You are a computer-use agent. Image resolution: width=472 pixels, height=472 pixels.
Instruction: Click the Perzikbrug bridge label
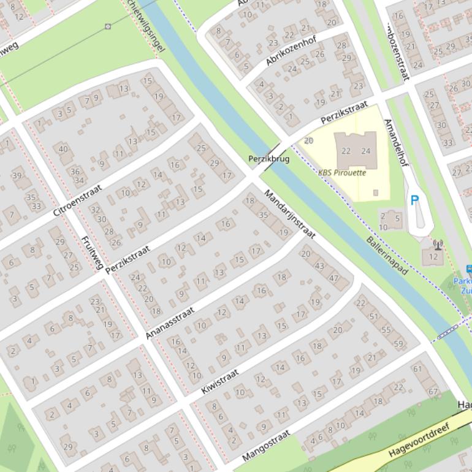pyautogui.click(x=268, y=159)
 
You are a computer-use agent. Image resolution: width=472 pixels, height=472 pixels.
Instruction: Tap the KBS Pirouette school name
pyautogui.click(x=342, y=173)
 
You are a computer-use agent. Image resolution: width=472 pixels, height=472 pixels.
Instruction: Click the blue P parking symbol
pyautogui.click(x=414, y=200)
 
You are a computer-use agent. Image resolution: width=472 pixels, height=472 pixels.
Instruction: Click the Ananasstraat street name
pyautogui.click(x=170, y=322)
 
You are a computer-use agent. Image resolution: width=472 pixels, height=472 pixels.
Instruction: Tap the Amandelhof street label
pyautogui.click(x=395, y=142)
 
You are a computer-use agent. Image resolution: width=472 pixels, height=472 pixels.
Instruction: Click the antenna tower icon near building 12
pyautogui.click(x=438, y=245)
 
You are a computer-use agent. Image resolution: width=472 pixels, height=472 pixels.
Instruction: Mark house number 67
pyautogui.click(x=433, y=391)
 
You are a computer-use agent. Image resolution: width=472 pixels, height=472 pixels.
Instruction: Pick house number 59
pyautogui.click(x=399, y=344)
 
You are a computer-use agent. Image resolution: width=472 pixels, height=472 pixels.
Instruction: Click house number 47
pyautogui.click(x=334, y=278)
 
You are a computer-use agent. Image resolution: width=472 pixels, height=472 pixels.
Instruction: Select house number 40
pyautogui.click(x=63, y=148)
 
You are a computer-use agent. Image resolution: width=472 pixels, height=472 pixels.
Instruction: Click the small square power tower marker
pyautogui.click(x=108, y=26)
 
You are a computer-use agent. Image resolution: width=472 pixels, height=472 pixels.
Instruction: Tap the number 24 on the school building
pyautogui.click(x=366, y=151)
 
